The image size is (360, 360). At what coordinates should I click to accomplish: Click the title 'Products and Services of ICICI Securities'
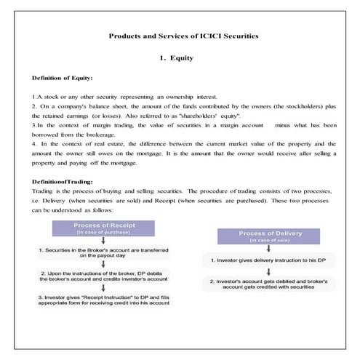pos(183,35)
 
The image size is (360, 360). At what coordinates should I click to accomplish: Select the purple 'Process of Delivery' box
pos(259,236)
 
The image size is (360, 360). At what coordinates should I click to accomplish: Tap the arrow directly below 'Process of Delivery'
pos(259,249)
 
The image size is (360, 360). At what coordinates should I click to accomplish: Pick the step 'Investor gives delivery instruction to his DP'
pos(259,260)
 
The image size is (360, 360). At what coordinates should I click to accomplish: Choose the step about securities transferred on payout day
pos(103,252)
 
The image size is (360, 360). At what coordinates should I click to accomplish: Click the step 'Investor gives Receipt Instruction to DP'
pos(103,300)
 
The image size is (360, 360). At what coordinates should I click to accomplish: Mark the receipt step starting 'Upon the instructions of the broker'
pos(103,276)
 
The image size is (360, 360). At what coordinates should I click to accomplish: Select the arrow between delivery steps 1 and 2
pos(259,271)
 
